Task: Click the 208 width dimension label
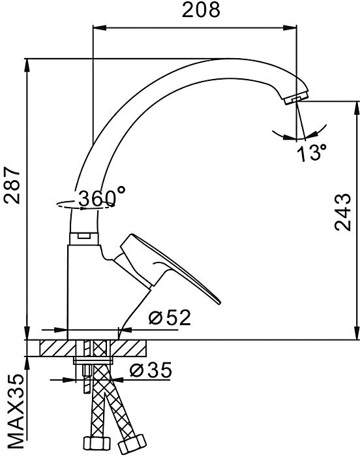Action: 201,10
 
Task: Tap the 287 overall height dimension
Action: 12,185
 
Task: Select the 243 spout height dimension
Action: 343,212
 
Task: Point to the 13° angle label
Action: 312,153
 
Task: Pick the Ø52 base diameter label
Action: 170,317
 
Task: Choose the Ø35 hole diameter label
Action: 151,370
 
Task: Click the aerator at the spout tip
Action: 296,98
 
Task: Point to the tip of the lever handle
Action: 219,302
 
